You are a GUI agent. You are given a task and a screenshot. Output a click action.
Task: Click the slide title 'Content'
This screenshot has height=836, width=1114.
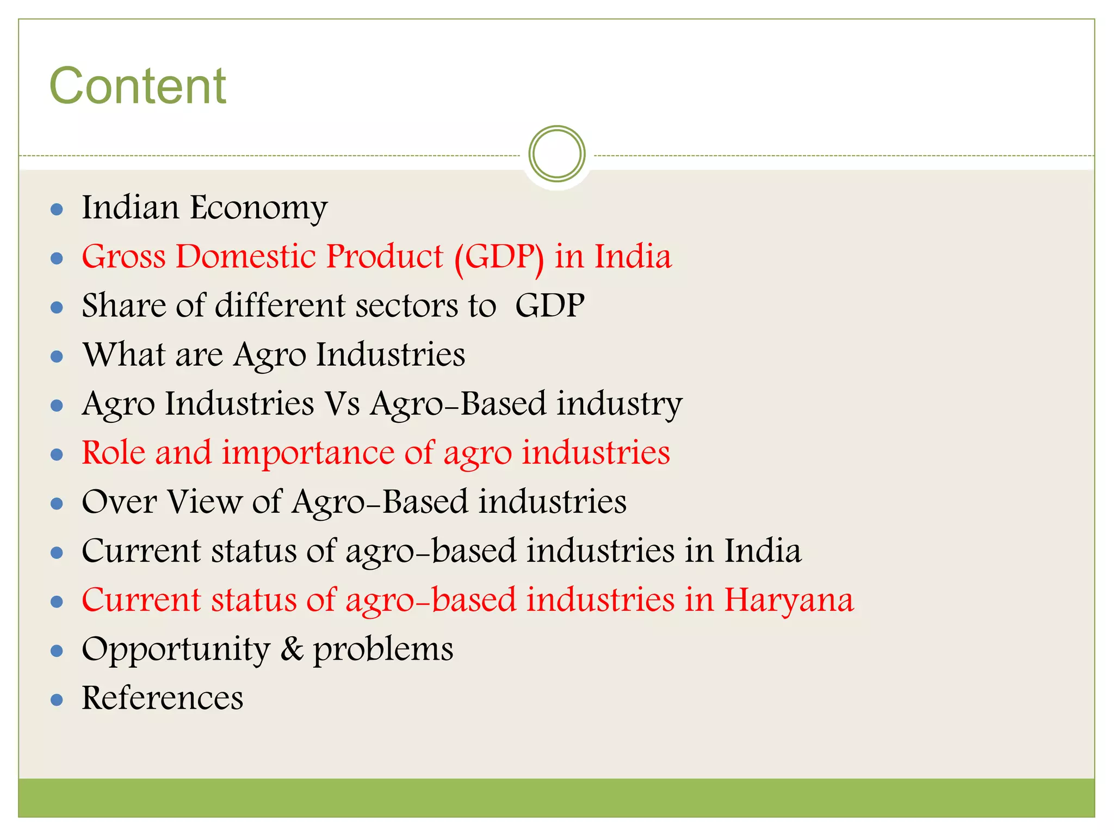138,86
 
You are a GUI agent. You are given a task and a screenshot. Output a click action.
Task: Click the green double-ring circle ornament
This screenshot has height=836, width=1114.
556,153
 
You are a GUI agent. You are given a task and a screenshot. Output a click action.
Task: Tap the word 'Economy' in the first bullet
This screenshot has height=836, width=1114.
258,208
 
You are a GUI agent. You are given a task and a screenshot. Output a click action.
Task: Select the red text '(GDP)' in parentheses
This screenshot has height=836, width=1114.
499,257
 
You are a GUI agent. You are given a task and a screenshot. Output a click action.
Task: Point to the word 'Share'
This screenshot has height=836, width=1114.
123,305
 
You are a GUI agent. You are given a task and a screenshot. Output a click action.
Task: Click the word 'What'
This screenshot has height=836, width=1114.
123,354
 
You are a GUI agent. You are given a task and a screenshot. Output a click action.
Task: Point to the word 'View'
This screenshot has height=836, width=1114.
205,502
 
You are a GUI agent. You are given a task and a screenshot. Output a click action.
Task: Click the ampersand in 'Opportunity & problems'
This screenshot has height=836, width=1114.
292,649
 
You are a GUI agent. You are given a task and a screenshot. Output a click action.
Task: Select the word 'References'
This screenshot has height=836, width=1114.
162,698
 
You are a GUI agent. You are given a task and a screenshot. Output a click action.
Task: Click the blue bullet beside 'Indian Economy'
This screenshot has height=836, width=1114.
57,210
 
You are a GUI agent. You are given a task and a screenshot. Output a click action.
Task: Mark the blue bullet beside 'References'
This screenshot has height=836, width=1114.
57,699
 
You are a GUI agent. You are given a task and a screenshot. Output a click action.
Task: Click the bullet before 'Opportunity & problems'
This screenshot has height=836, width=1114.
57,650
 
